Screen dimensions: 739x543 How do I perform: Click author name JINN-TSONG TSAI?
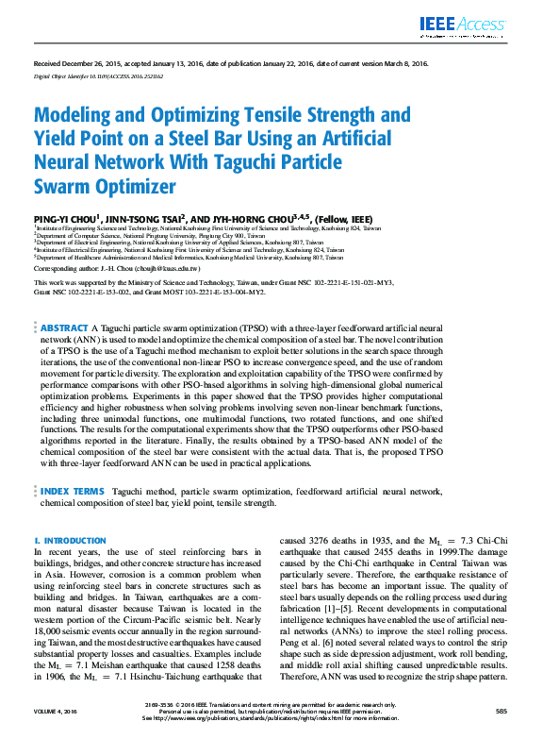tap(153, 214)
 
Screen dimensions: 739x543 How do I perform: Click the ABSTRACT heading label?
tap(64, 328)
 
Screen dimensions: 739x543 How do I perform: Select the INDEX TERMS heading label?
tap(72, 492)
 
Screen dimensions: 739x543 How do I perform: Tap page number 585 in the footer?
tap(501, 711)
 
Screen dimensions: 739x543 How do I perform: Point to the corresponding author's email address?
tap(169, 268)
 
